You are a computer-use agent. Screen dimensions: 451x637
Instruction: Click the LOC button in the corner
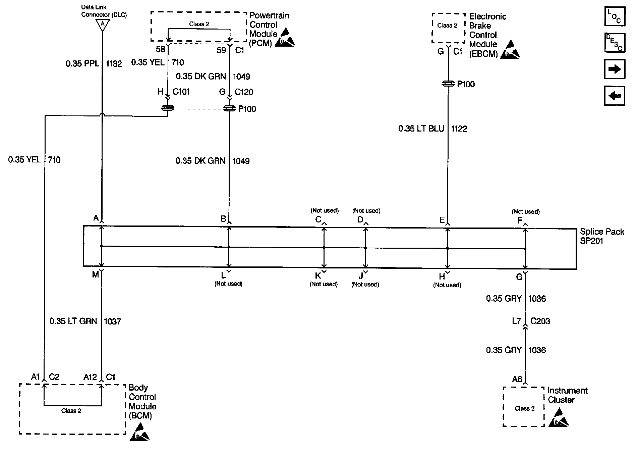pos(615,16)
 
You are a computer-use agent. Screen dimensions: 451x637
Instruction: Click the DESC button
pos(615,43)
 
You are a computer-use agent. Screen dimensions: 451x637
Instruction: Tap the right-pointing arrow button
pos(615,69)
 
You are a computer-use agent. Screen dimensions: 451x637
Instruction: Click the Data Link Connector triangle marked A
pos(102,24)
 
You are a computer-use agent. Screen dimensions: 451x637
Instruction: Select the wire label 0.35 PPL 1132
pos(94,63)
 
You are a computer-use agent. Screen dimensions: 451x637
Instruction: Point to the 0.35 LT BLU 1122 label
pos(432,129)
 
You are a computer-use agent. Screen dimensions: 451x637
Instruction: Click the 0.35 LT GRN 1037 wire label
pos(85,321)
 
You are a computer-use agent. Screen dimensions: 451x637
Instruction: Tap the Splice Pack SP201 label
pos(602,236)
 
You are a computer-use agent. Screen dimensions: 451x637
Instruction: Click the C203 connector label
pos(540,321)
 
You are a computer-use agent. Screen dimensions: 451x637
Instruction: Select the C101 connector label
pos(181,92)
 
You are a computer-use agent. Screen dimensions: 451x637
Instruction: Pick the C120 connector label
pos(244,92)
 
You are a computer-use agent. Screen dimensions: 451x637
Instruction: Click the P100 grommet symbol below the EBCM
pos(448,84)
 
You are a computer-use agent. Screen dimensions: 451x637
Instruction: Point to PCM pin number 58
pos(161,50)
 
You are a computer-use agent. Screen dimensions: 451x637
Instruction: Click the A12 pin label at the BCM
pos(90,377)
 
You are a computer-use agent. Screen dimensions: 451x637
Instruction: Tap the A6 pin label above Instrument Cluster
pos(517,379)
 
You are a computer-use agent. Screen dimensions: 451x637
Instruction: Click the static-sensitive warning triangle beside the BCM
pos(140,432)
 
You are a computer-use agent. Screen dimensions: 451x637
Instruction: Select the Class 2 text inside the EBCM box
pos(447,26)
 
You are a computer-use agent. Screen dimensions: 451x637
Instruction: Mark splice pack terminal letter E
pos(442,220)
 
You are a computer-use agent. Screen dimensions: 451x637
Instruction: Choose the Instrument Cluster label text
pos(567,395)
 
